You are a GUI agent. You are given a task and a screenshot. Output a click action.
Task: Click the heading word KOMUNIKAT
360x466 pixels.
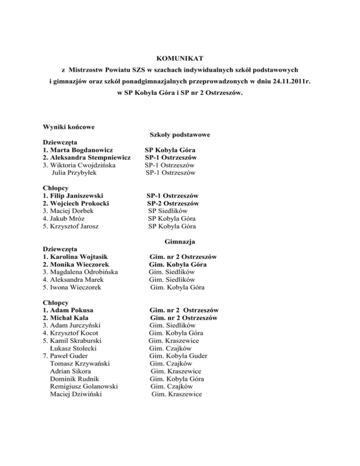tap(180, 59)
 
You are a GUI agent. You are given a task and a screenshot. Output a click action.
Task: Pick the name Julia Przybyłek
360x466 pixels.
tap(75, 173)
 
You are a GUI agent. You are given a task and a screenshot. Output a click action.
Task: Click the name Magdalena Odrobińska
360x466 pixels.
tap(84, 272)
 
